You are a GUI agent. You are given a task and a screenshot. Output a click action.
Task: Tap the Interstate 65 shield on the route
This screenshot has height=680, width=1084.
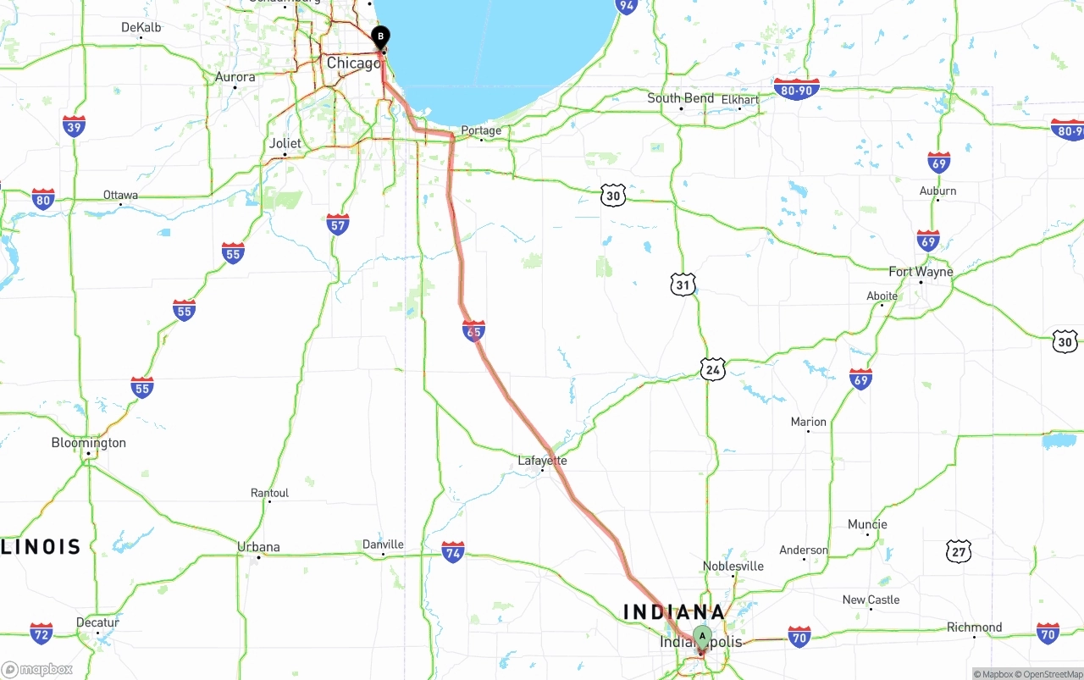pyautogui.click(x=474, y=330)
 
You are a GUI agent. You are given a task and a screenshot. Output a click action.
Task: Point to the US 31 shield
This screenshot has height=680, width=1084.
pyautogui.click(x=683, y=284)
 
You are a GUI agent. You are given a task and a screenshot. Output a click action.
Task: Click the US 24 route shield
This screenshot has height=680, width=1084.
pyautogui.click(x=713, y=369)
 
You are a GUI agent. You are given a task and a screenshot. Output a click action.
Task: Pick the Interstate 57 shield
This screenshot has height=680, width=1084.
pyautogui.click(x=338, y=224)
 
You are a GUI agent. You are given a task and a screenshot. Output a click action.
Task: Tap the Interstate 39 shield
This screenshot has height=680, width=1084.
pyautogui.click(x=74, y=126)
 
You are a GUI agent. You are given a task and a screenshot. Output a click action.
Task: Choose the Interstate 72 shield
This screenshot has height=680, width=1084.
pyautogui.click(x=41, y=633)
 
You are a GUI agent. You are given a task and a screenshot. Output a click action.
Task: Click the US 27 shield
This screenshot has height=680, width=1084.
pyautogui.click(x=959, y=551)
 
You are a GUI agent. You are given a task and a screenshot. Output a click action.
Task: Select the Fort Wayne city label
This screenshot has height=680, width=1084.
pyautogui.click(x=921, y=272)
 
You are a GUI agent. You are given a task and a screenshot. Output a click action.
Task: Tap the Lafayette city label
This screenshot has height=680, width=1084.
pyautogui.click(x=542, y=461)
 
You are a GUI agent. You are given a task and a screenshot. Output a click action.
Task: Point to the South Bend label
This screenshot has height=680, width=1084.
pyautogui.click(x=680, y=98)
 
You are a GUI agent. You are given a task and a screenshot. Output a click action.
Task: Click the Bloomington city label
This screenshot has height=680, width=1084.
pyautogui.click(x=88, y=443)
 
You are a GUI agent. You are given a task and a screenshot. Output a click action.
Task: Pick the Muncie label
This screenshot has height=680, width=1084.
pyautogui.click(x=867, y=524)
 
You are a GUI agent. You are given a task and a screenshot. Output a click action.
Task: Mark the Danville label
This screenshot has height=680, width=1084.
pyautogui.click(x=383, y=545)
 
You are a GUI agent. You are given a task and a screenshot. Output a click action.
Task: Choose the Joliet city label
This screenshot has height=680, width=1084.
pyautogui.click(x=285, y=143)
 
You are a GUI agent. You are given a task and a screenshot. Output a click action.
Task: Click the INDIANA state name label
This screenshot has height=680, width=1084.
pyautogui.click(x=674, y=612)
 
